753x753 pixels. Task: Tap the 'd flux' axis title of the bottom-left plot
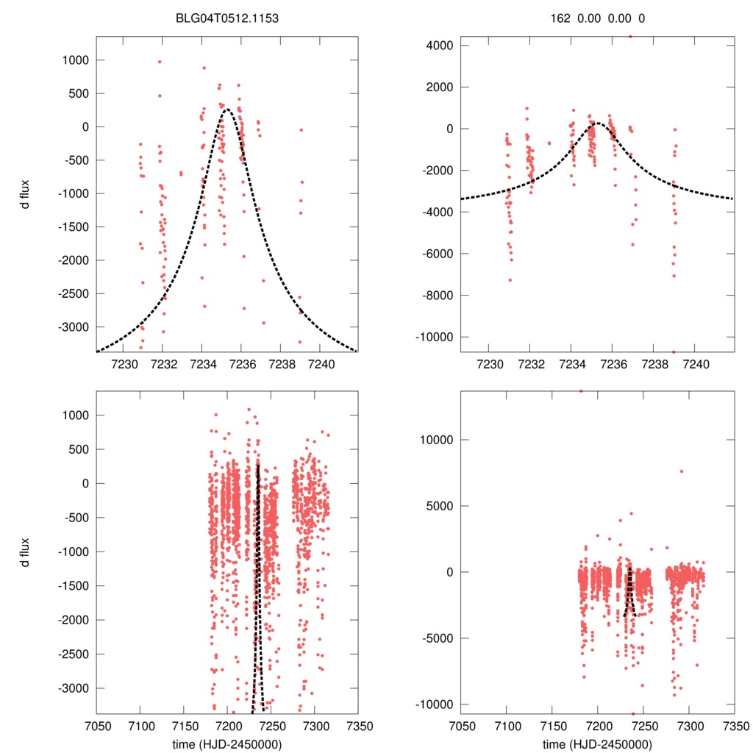click(25, 552)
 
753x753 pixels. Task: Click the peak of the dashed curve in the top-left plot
click(227, 110)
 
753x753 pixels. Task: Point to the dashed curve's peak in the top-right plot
click(597, 123)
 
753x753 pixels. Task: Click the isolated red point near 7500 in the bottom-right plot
click(682, 471)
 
